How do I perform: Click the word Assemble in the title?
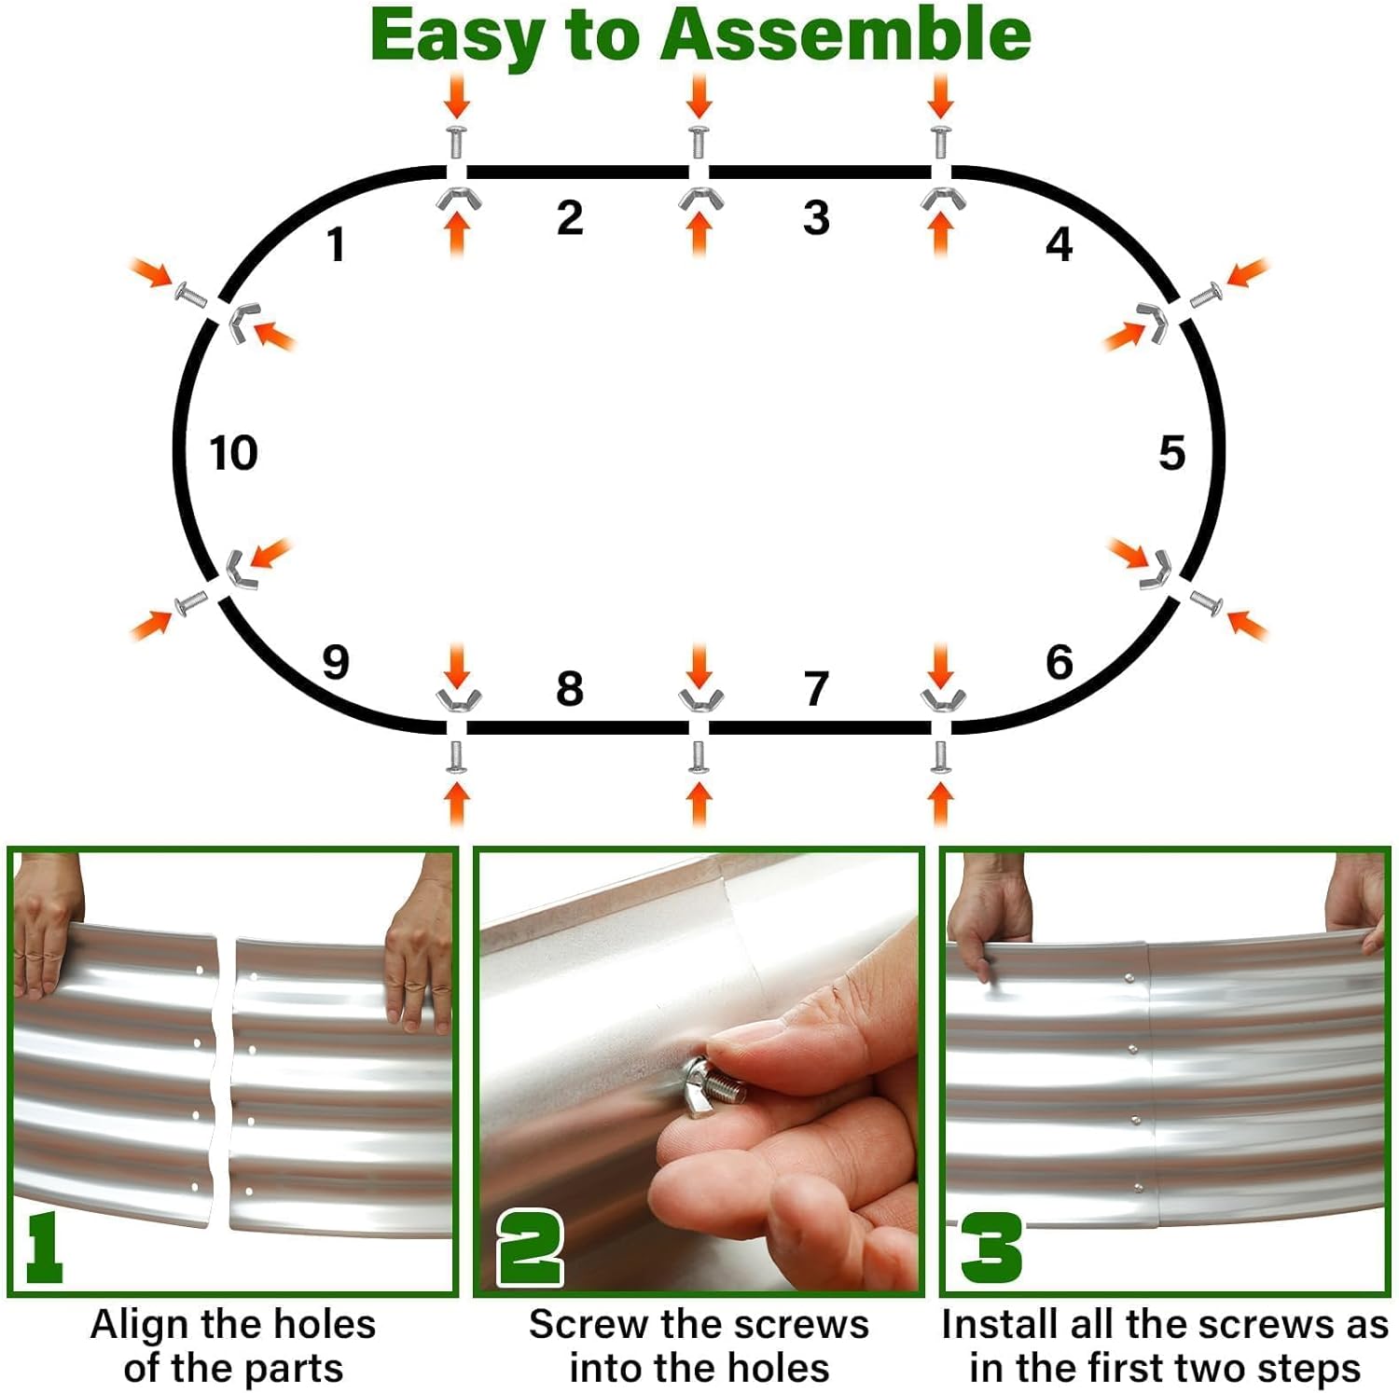tap(845, 35)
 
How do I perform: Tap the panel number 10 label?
tap(233, 453)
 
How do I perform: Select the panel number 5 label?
tap(1171, 453)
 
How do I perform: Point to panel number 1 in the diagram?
tap(336, 245)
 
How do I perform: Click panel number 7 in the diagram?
tap(816, 689)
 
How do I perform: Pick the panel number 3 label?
tap(816, 218)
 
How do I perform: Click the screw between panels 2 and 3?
tap(699, 140)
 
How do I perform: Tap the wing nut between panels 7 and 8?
tap(699, 698)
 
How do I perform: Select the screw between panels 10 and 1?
tap(191, 297)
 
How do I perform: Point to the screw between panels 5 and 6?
tap(1206, 602)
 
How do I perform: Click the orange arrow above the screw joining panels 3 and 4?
tap(940, 95)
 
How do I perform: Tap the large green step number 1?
tap(43, 1248)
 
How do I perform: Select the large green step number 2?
tap(530, 1248)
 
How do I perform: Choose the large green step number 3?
tap(990, 1248)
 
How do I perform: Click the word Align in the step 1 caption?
tap(140, 1324)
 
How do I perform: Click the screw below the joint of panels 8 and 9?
tap(456, 756)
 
